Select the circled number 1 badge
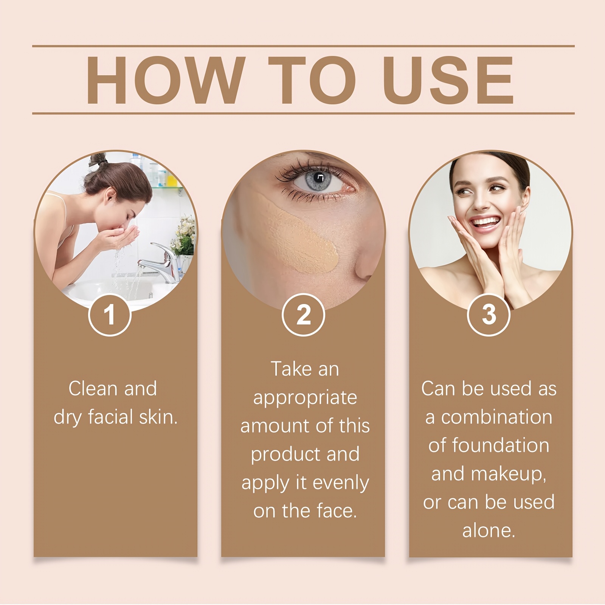pyautogui.click(x=110, y=315)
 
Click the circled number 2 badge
pyautogui.click(x=303, y=315)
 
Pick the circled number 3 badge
pyautogui.click(x=489, y=315)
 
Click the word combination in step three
pyautogui.click(x=496, y=417)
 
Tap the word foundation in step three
pyautogui.click(x=501, y=445)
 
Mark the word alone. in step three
pyautogui.click(x=489, y=531)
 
